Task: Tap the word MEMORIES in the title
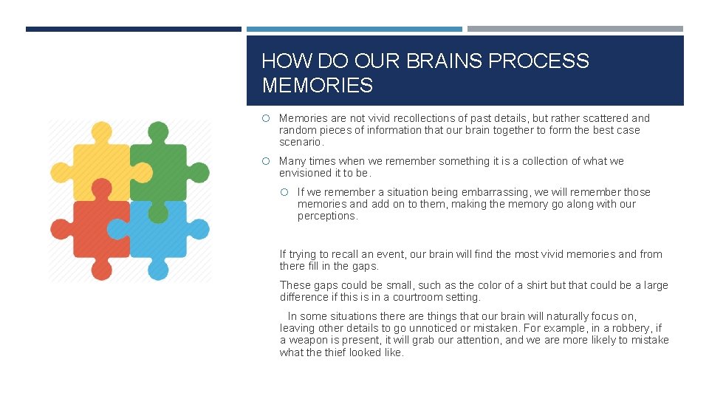tap(317, 86)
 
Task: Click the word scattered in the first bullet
tap(604, 118)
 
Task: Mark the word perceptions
tap(327, 216)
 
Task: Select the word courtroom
tap(419, 297)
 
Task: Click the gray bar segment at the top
tap(575, 30)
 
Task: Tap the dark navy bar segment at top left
tap(133, 30)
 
